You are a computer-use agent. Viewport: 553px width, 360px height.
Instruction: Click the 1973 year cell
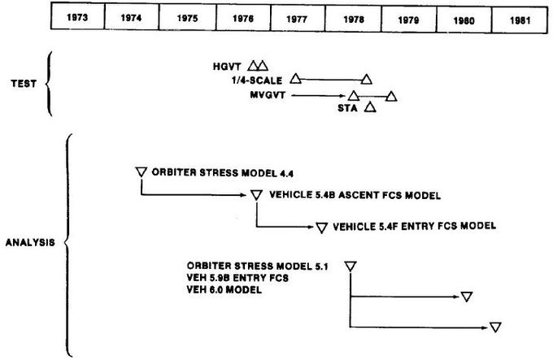click(77, 16)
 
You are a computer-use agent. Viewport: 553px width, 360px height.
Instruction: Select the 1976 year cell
click(243, 18)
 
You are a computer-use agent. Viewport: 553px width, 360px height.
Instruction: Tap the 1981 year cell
click(520, 20)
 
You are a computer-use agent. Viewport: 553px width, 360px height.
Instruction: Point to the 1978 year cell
click(354, 19)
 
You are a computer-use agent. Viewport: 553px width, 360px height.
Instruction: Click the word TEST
click(24, 84)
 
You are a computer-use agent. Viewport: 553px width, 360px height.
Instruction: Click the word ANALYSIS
click(30, 242)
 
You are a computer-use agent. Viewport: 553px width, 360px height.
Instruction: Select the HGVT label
click(227, 67)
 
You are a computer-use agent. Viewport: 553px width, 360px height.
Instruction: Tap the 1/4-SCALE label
click(257, 80)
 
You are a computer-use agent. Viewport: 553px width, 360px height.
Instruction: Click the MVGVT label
click(268, 95)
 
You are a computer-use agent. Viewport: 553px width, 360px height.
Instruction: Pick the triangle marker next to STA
click(370, 107)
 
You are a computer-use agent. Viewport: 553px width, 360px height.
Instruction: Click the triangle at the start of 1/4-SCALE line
click(295, 79)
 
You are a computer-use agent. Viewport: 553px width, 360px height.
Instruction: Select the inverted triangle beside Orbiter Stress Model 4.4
click(141, 172)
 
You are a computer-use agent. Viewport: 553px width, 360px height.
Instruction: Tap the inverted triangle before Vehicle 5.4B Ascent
click(256, 195)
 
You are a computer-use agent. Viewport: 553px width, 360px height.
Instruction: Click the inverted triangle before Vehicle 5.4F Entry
click(321, 228)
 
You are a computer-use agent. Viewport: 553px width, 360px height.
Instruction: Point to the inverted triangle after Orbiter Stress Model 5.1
click(351, 267)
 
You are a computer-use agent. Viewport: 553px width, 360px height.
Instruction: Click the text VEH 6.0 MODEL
click(224, 290)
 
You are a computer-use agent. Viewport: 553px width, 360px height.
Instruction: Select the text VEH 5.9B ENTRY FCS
click(237, 278)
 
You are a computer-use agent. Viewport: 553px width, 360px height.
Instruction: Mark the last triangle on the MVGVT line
click(391, 96)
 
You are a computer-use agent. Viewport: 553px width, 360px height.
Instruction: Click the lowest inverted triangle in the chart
click(495, 327)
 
